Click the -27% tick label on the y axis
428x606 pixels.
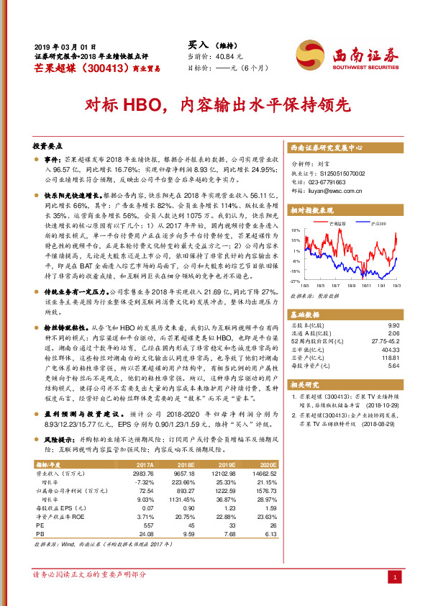tap(296, 281)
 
